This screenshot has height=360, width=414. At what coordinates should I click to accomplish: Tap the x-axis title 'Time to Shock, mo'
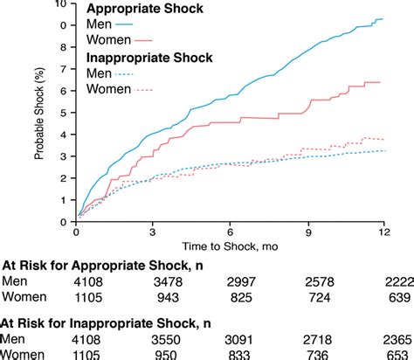coord(229,247)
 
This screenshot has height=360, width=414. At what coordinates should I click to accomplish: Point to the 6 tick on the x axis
coord(229,232)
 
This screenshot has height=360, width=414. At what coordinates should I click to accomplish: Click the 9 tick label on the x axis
coord(305,232)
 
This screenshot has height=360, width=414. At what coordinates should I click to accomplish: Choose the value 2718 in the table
coord(321,337)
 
